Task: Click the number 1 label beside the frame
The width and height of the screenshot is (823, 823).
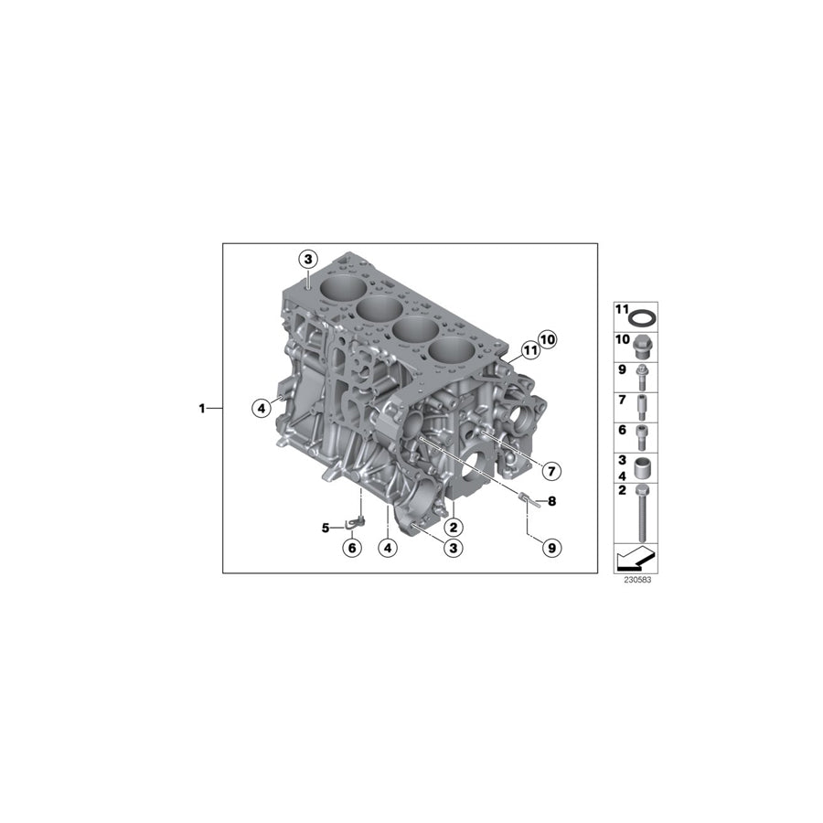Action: (202, 408)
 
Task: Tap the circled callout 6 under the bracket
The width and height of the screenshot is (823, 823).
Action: (350, 548)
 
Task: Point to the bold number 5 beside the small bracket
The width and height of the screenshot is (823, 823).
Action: (325, 528)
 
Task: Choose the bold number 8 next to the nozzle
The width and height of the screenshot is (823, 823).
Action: (551, 501)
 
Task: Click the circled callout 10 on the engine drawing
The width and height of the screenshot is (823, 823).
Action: (547, 339)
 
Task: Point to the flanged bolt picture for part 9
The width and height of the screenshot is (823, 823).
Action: (645, 375)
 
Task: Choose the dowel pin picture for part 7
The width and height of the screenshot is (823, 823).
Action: (645, 404)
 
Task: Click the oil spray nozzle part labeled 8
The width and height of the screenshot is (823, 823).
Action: (525, 498)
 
